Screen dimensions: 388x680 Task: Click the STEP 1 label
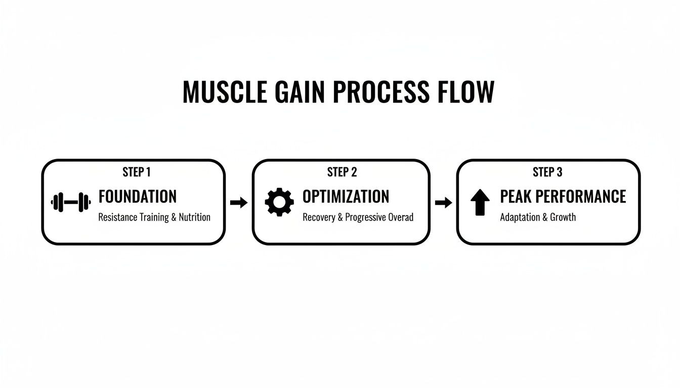tap(137, 172)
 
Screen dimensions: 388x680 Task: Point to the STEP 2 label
tap(342, 172)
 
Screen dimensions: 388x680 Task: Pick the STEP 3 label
tap(547, 172)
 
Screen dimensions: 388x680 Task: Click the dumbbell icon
tap(71, 202)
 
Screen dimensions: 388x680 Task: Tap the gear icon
tap(279, 202)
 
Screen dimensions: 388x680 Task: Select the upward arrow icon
tap(480, 203)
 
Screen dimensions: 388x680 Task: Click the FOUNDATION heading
tap(138, 197)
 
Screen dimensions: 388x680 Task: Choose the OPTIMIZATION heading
tap(346, 197)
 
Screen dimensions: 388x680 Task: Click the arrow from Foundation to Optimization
tap(239, 203)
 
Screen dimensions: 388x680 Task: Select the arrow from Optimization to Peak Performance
tap(444, 203)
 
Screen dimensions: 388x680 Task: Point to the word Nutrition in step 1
tap(195, 217)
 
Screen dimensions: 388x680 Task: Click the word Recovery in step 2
tap(319, 217)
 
